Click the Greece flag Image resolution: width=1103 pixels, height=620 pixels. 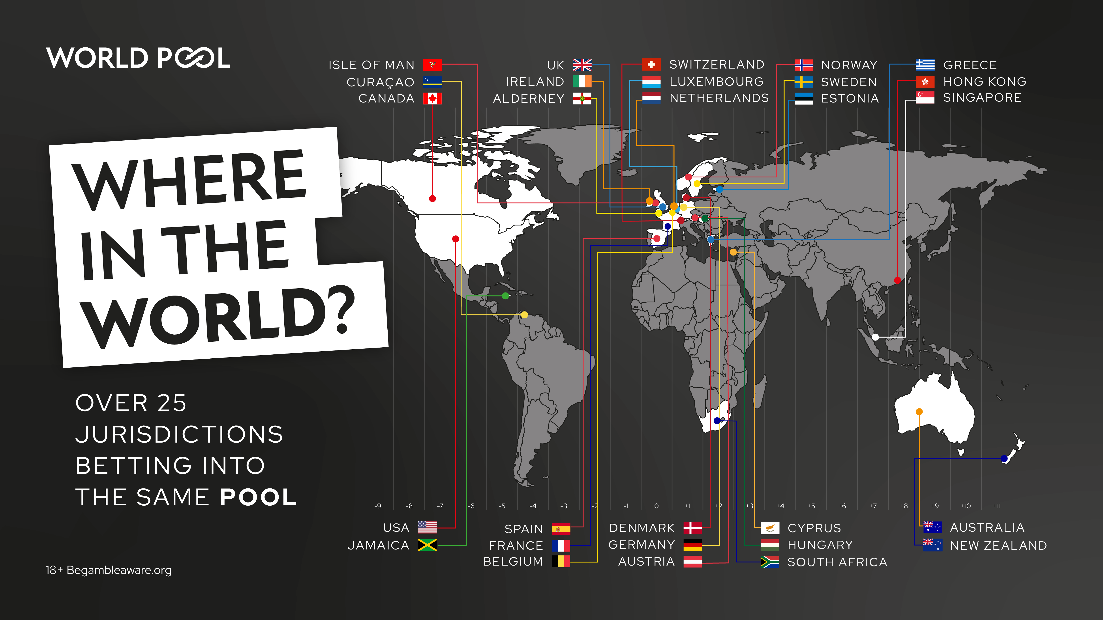coord(925,65)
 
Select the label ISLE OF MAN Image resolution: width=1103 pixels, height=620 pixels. coord(371,65)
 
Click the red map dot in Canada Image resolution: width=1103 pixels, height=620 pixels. coord(432,199)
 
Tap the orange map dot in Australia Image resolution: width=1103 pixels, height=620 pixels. coord(919,412)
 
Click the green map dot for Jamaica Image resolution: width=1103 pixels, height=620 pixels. coord(505,296)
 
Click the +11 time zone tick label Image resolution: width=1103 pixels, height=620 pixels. coord(997,506)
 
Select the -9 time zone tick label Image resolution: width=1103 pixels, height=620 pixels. coord(378,506)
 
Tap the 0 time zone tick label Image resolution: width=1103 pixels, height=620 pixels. coord(657,506)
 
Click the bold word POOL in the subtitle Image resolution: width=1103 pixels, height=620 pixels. coord(258,497)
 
